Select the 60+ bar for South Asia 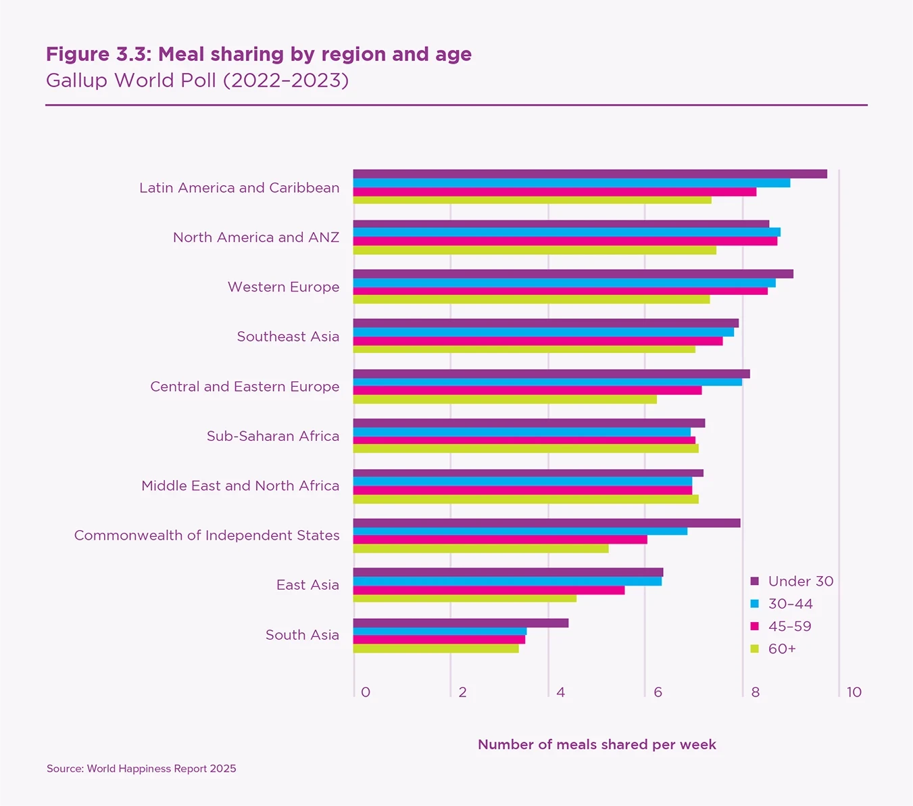(x=436, y=649)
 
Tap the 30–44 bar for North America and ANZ (x=566, y=233)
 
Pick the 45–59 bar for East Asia (x=489, y=590)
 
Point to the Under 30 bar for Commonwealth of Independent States (x=547, y=523)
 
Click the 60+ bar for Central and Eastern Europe (x=505, y=400)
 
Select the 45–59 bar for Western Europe (x=560, y=291)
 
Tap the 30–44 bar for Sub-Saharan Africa (x=522, y=432)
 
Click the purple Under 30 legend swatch (x=755, y=582)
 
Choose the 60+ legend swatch (x=755, y=649)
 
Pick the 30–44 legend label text (x=790, y=604)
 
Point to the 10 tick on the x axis (x=854, y=692)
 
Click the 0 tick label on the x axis (x=366, y=692)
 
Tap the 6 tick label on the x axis (x=658, y=692)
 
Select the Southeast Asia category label (x=288, y=337)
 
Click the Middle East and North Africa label (x=240, y=485)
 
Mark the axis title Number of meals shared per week (x=597, y=744)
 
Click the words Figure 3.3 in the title (x=98, y=54)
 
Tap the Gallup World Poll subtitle (x=197, y=80)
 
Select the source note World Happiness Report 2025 (x=141, y=769)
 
